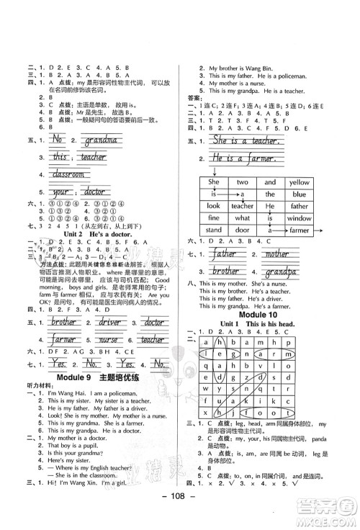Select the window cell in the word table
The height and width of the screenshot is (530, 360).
coord(298,217)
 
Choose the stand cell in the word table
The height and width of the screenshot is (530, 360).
coord(213,230)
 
